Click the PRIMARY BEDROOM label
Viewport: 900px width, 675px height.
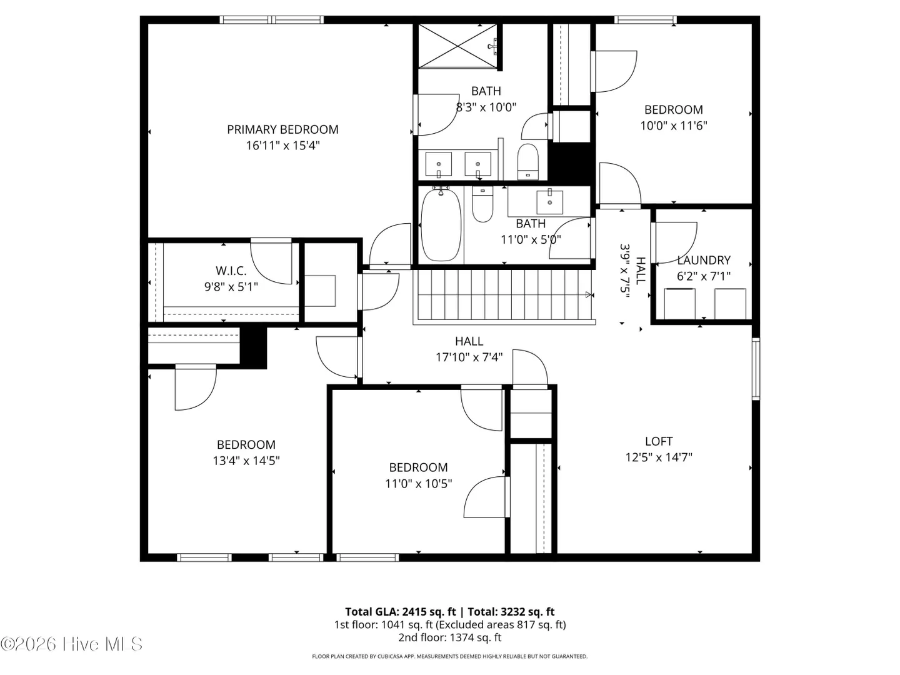coord(282,129)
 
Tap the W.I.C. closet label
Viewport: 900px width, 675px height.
coord(231,271)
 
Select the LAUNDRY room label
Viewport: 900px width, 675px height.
coord(704,260)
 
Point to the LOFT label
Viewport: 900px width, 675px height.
coord(659,441)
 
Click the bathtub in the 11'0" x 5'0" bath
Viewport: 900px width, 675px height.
coord(441,224)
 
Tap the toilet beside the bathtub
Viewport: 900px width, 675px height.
coord(482,204)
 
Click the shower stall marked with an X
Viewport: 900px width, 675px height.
coord(457,46)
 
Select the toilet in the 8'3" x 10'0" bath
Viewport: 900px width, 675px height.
coord(527,161)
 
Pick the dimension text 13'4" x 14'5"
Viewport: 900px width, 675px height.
coord(246,461)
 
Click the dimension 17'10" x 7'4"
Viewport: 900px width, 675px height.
coord(469,357)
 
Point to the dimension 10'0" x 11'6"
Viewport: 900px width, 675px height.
coord(674,126)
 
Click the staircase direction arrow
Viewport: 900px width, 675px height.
coord(589,294)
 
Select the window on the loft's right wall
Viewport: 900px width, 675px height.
coord(756,369)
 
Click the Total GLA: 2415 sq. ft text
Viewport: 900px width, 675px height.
coord(400,611)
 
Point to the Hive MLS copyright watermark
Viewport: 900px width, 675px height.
coord(71,644)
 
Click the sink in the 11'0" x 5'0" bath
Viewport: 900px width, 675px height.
coord(550,202)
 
